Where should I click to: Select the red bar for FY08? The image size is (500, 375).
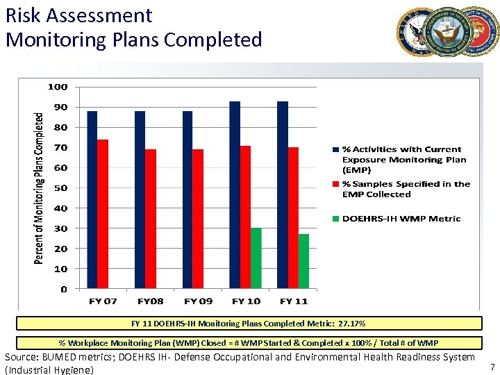pyautogui.click(x=150, y=219)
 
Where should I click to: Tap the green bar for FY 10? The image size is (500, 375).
pyautogui.click(x=256, y=258)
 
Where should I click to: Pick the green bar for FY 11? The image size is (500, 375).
pyautogui.click(x=303, y=261)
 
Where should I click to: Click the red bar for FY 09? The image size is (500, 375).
pyautogui.click(x=198, y=219)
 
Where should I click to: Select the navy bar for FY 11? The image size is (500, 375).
pyautogui.click(x=282, y=195)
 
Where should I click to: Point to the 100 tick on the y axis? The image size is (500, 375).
pyautogui.click(x=58, y=87)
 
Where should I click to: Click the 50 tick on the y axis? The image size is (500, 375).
pyautogui.click(x=61, y=187)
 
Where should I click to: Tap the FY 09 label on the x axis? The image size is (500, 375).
pyautogui.click(x=198, y=301)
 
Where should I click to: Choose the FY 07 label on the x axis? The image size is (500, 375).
pyautogui.click(x=103, y=301)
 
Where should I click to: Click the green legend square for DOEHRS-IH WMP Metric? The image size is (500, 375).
pyautogui.click(x=336, y=219)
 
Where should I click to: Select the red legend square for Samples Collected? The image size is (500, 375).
pyautogui.click(x=336, y=184)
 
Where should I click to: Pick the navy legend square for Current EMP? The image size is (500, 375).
pyautogui.click(x=336, y=149)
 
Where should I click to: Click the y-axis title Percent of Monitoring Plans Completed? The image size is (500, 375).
pyautogui.click(x=40, y=188)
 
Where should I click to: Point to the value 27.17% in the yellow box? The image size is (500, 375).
pyautogui.click(x=351, y=324)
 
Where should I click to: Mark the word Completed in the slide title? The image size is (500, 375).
pyautogui.click(x=213, y=40)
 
